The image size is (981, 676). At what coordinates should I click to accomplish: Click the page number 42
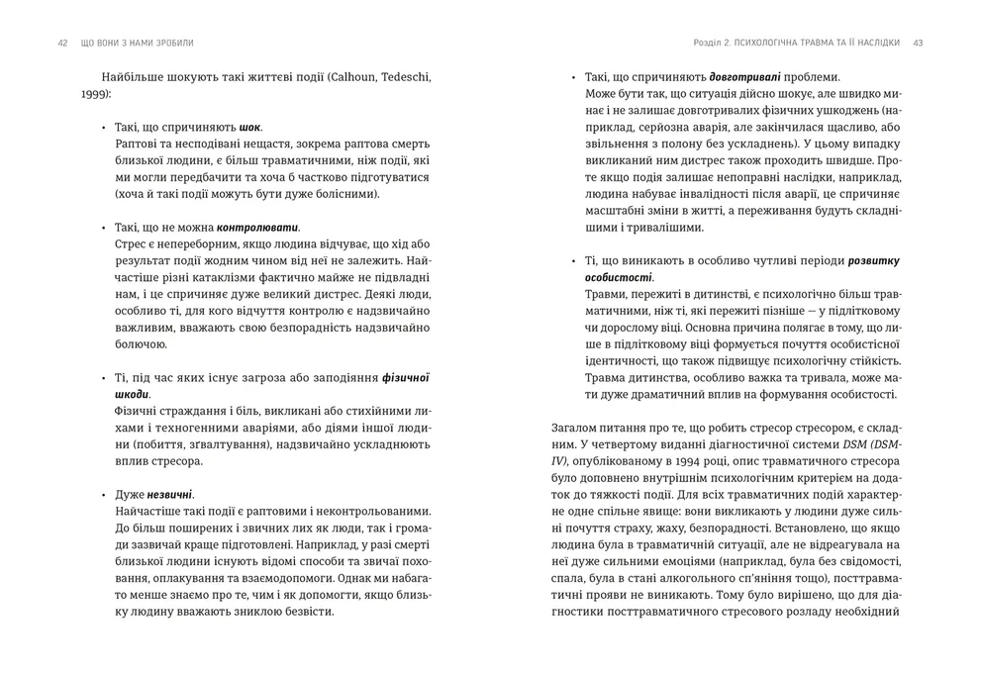click(62, 43)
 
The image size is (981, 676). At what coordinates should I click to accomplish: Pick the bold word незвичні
click(170, 494)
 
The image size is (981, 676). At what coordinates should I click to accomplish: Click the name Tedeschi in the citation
click(403, 77)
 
